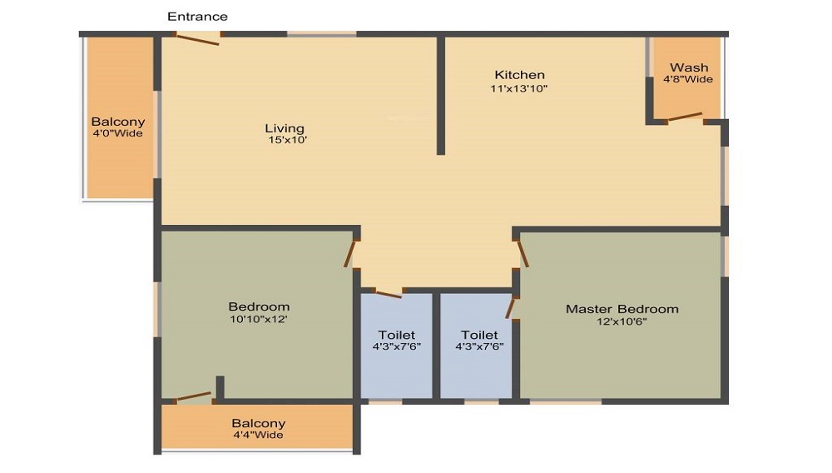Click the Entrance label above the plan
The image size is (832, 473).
tap(197, 17)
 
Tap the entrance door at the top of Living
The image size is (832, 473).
tap(198, 37)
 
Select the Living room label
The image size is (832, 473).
tap(285, 128)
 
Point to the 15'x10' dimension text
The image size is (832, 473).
tap(285, 141)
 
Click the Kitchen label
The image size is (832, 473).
tap(519, 75)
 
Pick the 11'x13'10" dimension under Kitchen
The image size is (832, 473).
tap(519, 88)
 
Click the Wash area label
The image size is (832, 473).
tap(689, 67)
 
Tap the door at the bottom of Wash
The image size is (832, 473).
tap(684, 118)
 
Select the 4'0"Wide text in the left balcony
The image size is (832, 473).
tap(117, 133)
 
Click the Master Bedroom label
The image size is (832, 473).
tap(622, 309)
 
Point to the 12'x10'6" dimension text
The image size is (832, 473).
tap(622, 321)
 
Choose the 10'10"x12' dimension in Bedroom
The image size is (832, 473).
tap(259, 318)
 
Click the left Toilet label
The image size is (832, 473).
tap(396, 335)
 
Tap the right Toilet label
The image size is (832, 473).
tap(478, 335)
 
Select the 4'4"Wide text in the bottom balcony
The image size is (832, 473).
tap(258, 435)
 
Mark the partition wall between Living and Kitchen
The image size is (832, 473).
tap(441, 96)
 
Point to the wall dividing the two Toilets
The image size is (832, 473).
tap(436, 346)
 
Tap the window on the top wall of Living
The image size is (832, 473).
tap(321, 34)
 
